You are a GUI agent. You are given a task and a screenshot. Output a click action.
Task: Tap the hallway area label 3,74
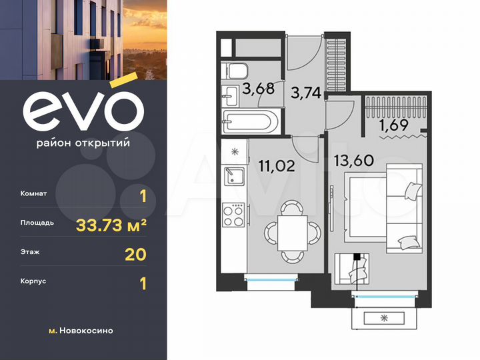pos(305,93)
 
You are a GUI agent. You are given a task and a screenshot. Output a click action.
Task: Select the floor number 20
pos(135,254)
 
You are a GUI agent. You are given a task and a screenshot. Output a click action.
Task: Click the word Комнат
pos(33,194)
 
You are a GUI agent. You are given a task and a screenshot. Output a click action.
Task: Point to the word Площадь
pos(37,223)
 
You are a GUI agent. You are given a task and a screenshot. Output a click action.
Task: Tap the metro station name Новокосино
pos(85,331)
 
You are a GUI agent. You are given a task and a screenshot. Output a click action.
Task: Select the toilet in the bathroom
pos(235,72)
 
